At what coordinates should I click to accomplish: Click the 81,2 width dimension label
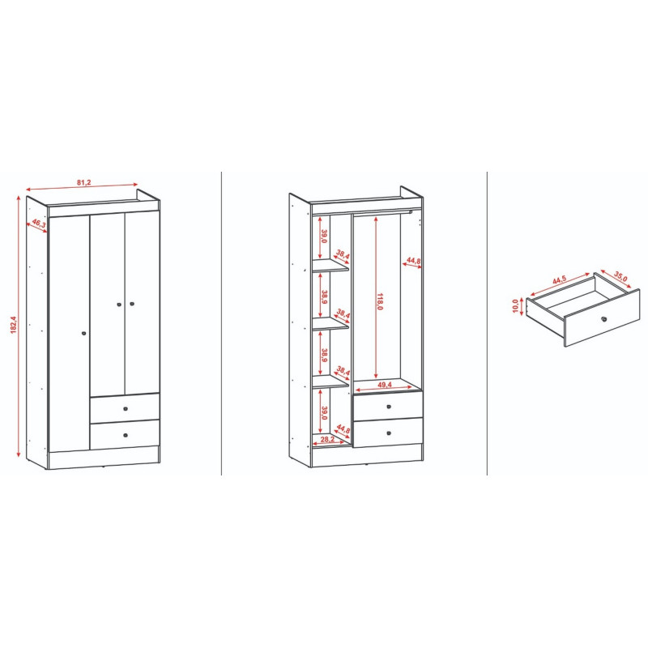pyautogui.click(x=83, y=182)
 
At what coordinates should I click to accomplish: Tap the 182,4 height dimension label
pyautogui.click(x=13, y=325)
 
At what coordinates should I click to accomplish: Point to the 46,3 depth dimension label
pyautogui.click(x=38, y=224)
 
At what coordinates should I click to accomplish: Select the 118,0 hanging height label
pyautogui.click(x=380, y=301)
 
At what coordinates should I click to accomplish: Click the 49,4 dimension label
pyautogui.click(x=384, y=385)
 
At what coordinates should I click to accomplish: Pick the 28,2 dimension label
pyautogui.click(x=327, y=439)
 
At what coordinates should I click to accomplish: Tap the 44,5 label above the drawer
pyautogui.click(x=559, y=279)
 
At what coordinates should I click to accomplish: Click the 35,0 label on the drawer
pyautogui.click(x=620, y=276)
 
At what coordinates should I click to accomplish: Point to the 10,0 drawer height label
pyautogui.click(x=515, y=306)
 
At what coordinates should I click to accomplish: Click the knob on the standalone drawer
pyautogui.click(x=603, y=319)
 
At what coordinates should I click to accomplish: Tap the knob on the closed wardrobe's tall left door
pyautogui.click(x=84, y=333)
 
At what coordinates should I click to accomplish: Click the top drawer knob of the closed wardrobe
pyautogui.click(x=126, y=409)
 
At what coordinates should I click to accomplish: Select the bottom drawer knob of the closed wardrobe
pyautogui.click(x=126, y=435)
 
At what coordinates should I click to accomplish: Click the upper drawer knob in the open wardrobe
pyautogui.click(x=389, y=407)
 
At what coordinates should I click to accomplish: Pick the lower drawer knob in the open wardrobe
pyautogui.click(x=389, y=433)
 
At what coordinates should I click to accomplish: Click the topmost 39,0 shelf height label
pyautogui.click(x=325, y=237)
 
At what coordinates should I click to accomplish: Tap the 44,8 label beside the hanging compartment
pyautogui.click(x=413, y=261)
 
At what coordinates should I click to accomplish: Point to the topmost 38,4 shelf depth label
pyautogui.click(x=343, y=254)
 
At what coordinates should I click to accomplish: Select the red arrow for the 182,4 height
pyautogui.click(x=19, y=326)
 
